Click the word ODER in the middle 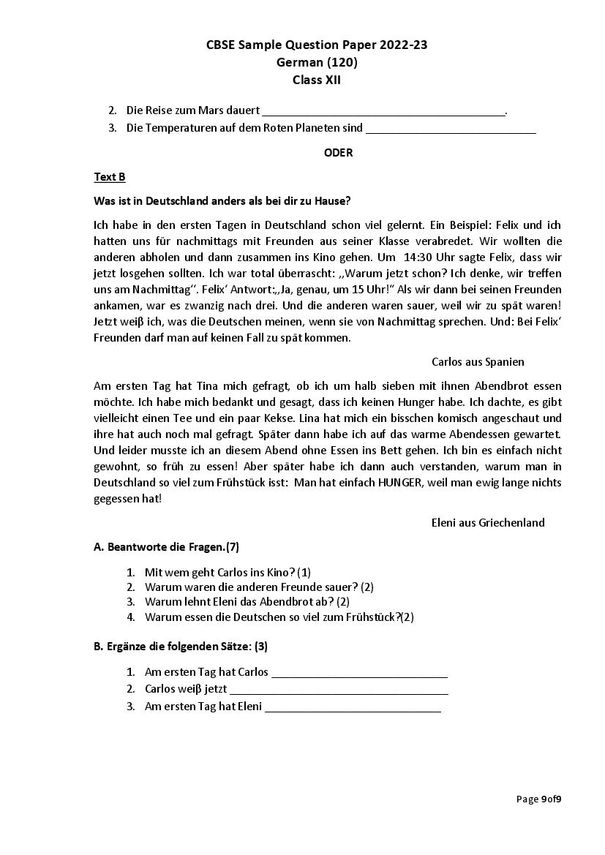tap(338, 153)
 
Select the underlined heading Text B tap(110, 177)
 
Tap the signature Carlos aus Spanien tap(478, 362)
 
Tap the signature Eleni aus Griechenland tap(488, 522)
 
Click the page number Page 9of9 tap(538, 799)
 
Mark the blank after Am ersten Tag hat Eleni tap(353, 707)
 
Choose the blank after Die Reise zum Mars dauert tap(383, 111)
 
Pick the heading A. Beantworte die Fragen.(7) tap(166, 546)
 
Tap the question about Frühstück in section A tap(279, 617)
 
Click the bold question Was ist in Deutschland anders tap(222, 200)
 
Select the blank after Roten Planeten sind tap(450, 129)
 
